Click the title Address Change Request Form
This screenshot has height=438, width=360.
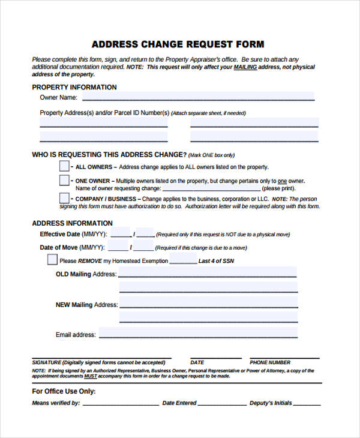[178, 44]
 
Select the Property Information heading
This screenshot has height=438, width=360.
[74, 87]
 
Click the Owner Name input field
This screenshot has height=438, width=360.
[198, 97]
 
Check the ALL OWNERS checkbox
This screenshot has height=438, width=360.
[64, 166]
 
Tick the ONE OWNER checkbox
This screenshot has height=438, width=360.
[64, 180]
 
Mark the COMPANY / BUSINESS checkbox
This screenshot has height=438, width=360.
[64, 198]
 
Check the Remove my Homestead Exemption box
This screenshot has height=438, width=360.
[52, 260]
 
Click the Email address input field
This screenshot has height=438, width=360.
[198, 333]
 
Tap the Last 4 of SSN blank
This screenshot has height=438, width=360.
[183, 261]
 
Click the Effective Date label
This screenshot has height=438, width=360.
[73, 235]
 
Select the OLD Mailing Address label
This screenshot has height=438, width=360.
[86, 274]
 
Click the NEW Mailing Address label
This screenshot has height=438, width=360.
[86, 305]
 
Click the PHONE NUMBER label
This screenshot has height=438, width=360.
[270, 362]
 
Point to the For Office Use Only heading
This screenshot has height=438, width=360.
[64, 391]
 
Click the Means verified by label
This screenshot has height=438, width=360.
[56, 403]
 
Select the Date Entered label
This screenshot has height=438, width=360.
[179, 403]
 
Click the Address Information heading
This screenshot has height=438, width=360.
[72, 223]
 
